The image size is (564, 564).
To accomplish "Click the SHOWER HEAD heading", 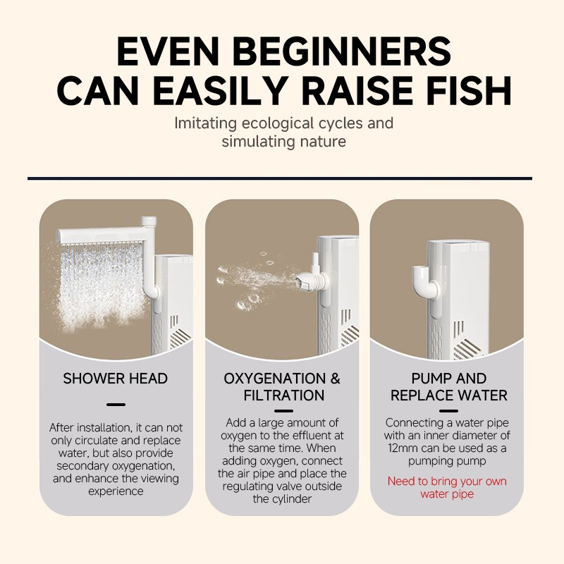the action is tap(116, 379).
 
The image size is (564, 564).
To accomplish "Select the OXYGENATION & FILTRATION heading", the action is tap(283, 386).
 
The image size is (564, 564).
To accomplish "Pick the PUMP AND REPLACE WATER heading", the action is tap(448, 386).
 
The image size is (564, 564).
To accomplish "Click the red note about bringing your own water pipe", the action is tap(447, 487).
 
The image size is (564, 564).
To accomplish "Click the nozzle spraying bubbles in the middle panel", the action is tap(305, 281).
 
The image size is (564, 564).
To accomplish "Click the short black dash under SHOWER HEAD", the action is tap(116, 405).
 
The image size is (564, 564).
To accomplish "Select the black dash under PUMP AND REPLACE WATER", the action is tap(448, 411).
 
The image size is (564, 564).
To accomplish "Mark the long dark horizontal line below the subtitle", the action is tap(280, 178).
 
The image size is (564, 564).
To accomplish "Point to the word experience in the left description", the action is tap(116, 491).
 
